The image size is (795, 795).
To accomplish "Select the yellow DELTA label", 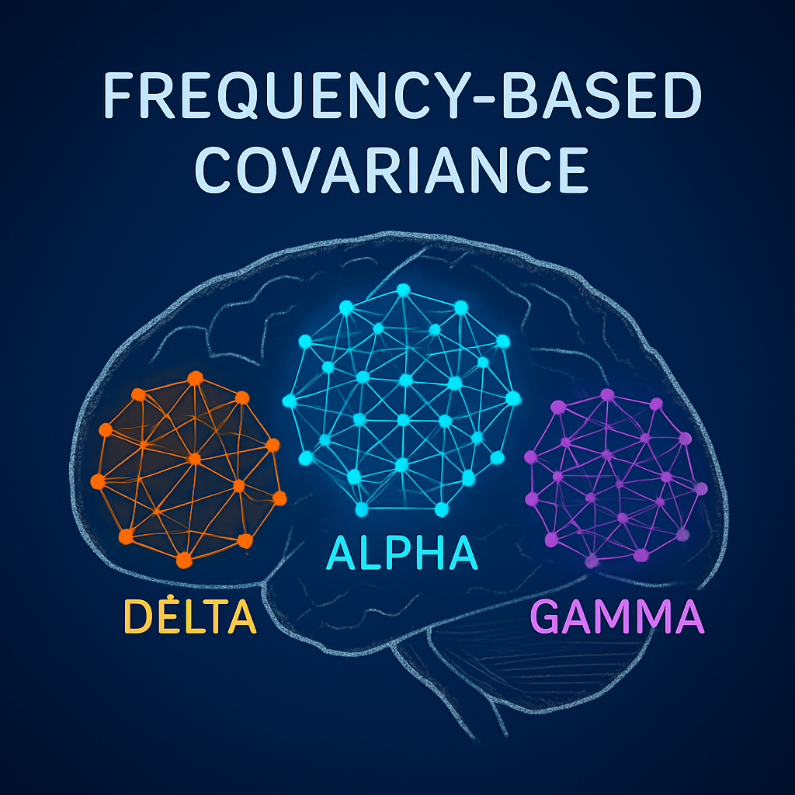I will tap(189, 617).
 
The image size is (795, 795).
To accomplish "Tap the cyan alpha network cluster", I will tap(401, 400).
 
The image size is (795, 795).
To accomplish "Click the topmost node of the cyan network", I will tap(403, 290).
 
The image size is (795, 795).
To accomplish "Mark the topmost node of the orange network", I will tap(195, 378).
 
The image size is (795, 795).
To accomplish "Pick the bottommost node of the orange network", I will tap(184, 559).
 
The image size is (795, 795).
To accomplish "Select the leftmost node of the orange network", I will tap(98, 481).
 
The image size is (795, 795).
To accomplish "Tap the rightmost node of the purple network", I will tap(701, 489).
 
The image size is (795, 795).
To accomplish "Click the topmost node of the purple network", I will tap(607, 395).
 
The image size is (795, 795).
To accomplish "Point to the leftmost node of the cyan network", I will tap(290, 401).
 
